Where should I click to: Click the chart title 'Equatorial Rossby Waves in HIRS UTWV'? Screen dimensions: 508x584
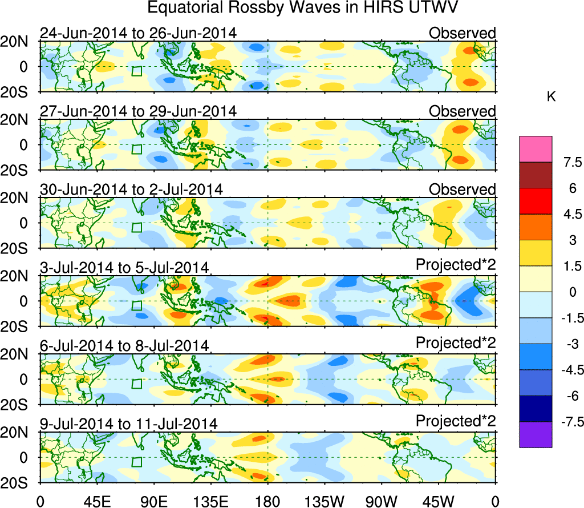(x=303, y=9)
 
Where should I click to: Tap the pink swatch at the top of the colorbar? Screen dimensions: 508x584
(x=536, y=149)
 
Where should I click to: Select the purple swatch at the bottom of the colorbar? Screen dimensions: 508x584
(x=536, y=434)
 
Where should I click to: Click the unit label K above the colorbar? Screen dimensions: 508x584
(x=551, y=98)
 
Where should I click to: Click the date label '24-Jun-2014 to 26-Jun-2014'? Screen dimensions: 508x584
(x=138, y=33)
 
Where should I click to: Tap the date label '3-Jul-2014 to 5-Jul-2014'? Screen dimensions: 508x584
(x=124, y=267)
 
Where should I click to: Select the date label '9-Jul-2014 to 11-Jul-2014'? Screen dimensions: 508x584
(x=128, y=424)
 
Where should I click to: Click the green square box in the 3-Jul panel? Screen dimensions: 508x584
(x=136, y=305)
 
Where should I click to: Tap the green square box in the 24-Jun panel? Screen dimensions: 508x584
(x=136, y=71)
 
